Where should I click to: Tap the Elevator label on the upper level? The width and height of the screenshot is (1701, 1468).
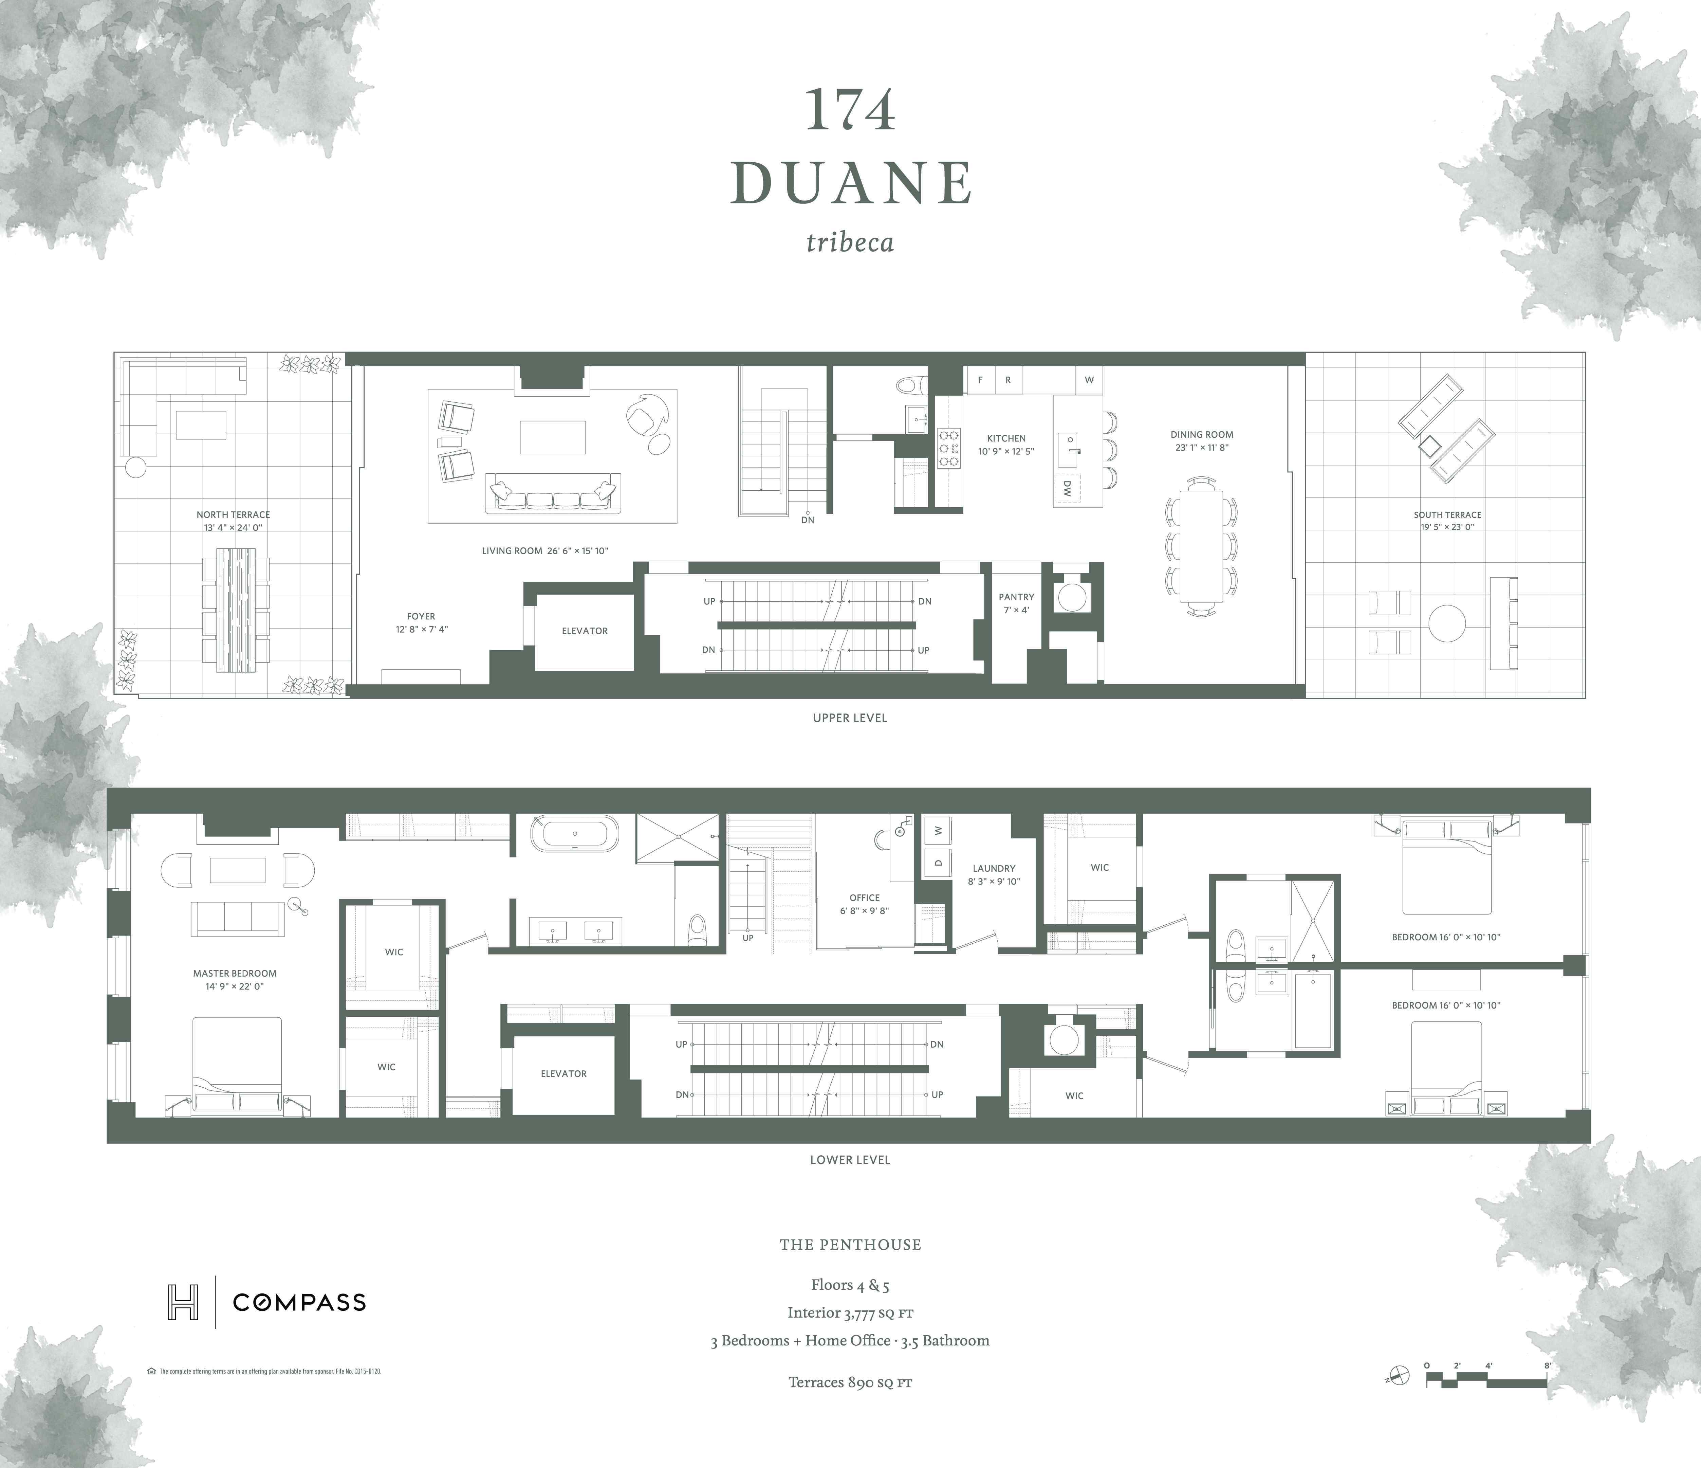pyautogui.click(x=585, y=631)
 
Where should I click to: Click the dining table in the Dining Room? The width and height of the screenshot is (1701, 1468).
pyautogui.click(x=1201, y=546)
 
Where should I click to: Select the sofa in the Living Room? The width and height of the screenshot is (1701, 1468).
pyautogui.click(x=553, y=494)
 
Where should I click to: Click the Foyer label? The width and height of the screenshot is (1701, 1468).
pyautogui.click(x=421, y=617)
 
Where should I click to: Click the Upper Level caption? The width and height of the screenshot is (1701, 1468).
pyautogui.click(x=850, y=718)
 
